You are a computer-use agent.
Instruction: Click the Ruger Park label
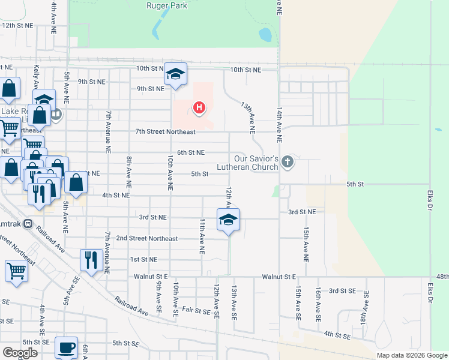tap(167, 6)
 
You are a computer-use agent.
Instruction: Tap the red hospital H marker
tap(199, 108)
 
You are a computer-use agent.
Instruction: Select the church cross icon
tap(288, 161)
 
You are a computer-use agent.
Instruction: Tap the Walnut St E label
tap(279, 277)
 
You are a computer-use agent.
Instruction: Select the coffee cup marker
tap(66, 347)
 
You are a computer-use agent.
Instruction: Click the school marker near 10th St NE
tap(175, 74)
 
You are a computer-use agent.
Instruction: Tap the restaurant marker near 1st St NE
tap(91, 260)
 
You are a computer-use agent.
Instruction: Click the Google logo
tap(20, 353)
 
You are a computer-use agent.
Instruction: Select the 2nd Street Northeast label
tap(147, 239)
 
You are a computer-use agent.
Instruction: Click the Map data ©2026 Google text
tap(411, 355)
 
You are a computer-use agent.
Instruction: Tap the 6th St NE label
tap(191, 153)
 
